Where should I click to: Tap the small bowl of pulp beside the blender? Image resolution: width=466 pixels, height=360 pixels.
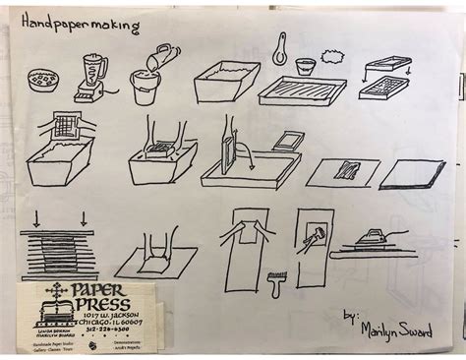[43, 79]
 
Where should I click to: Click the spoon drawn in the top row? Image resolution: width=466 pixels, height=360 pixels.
[281, 47]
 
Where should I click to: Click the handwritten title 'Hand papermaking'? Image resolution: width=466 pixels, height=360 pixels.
[68, 26]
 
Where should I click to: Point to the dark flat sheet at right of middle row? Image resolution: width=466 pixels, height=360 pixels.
[412, 174]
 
